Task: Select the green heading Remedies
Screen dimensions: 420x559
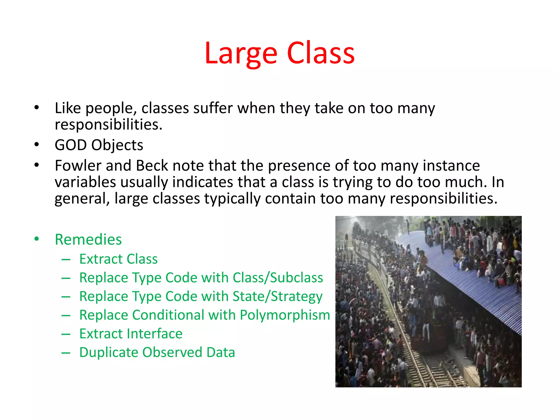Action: coord(88,240)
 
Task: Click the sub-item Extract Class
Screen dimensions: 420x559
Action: coord(118,259)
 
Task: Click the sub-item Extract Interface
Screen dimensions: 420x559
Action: coord(131,334)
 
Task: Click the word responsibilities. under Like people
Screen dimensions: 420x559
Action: coord(108,125)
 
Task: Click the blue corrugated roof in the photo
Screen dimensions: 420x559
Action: coord(464,284)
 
